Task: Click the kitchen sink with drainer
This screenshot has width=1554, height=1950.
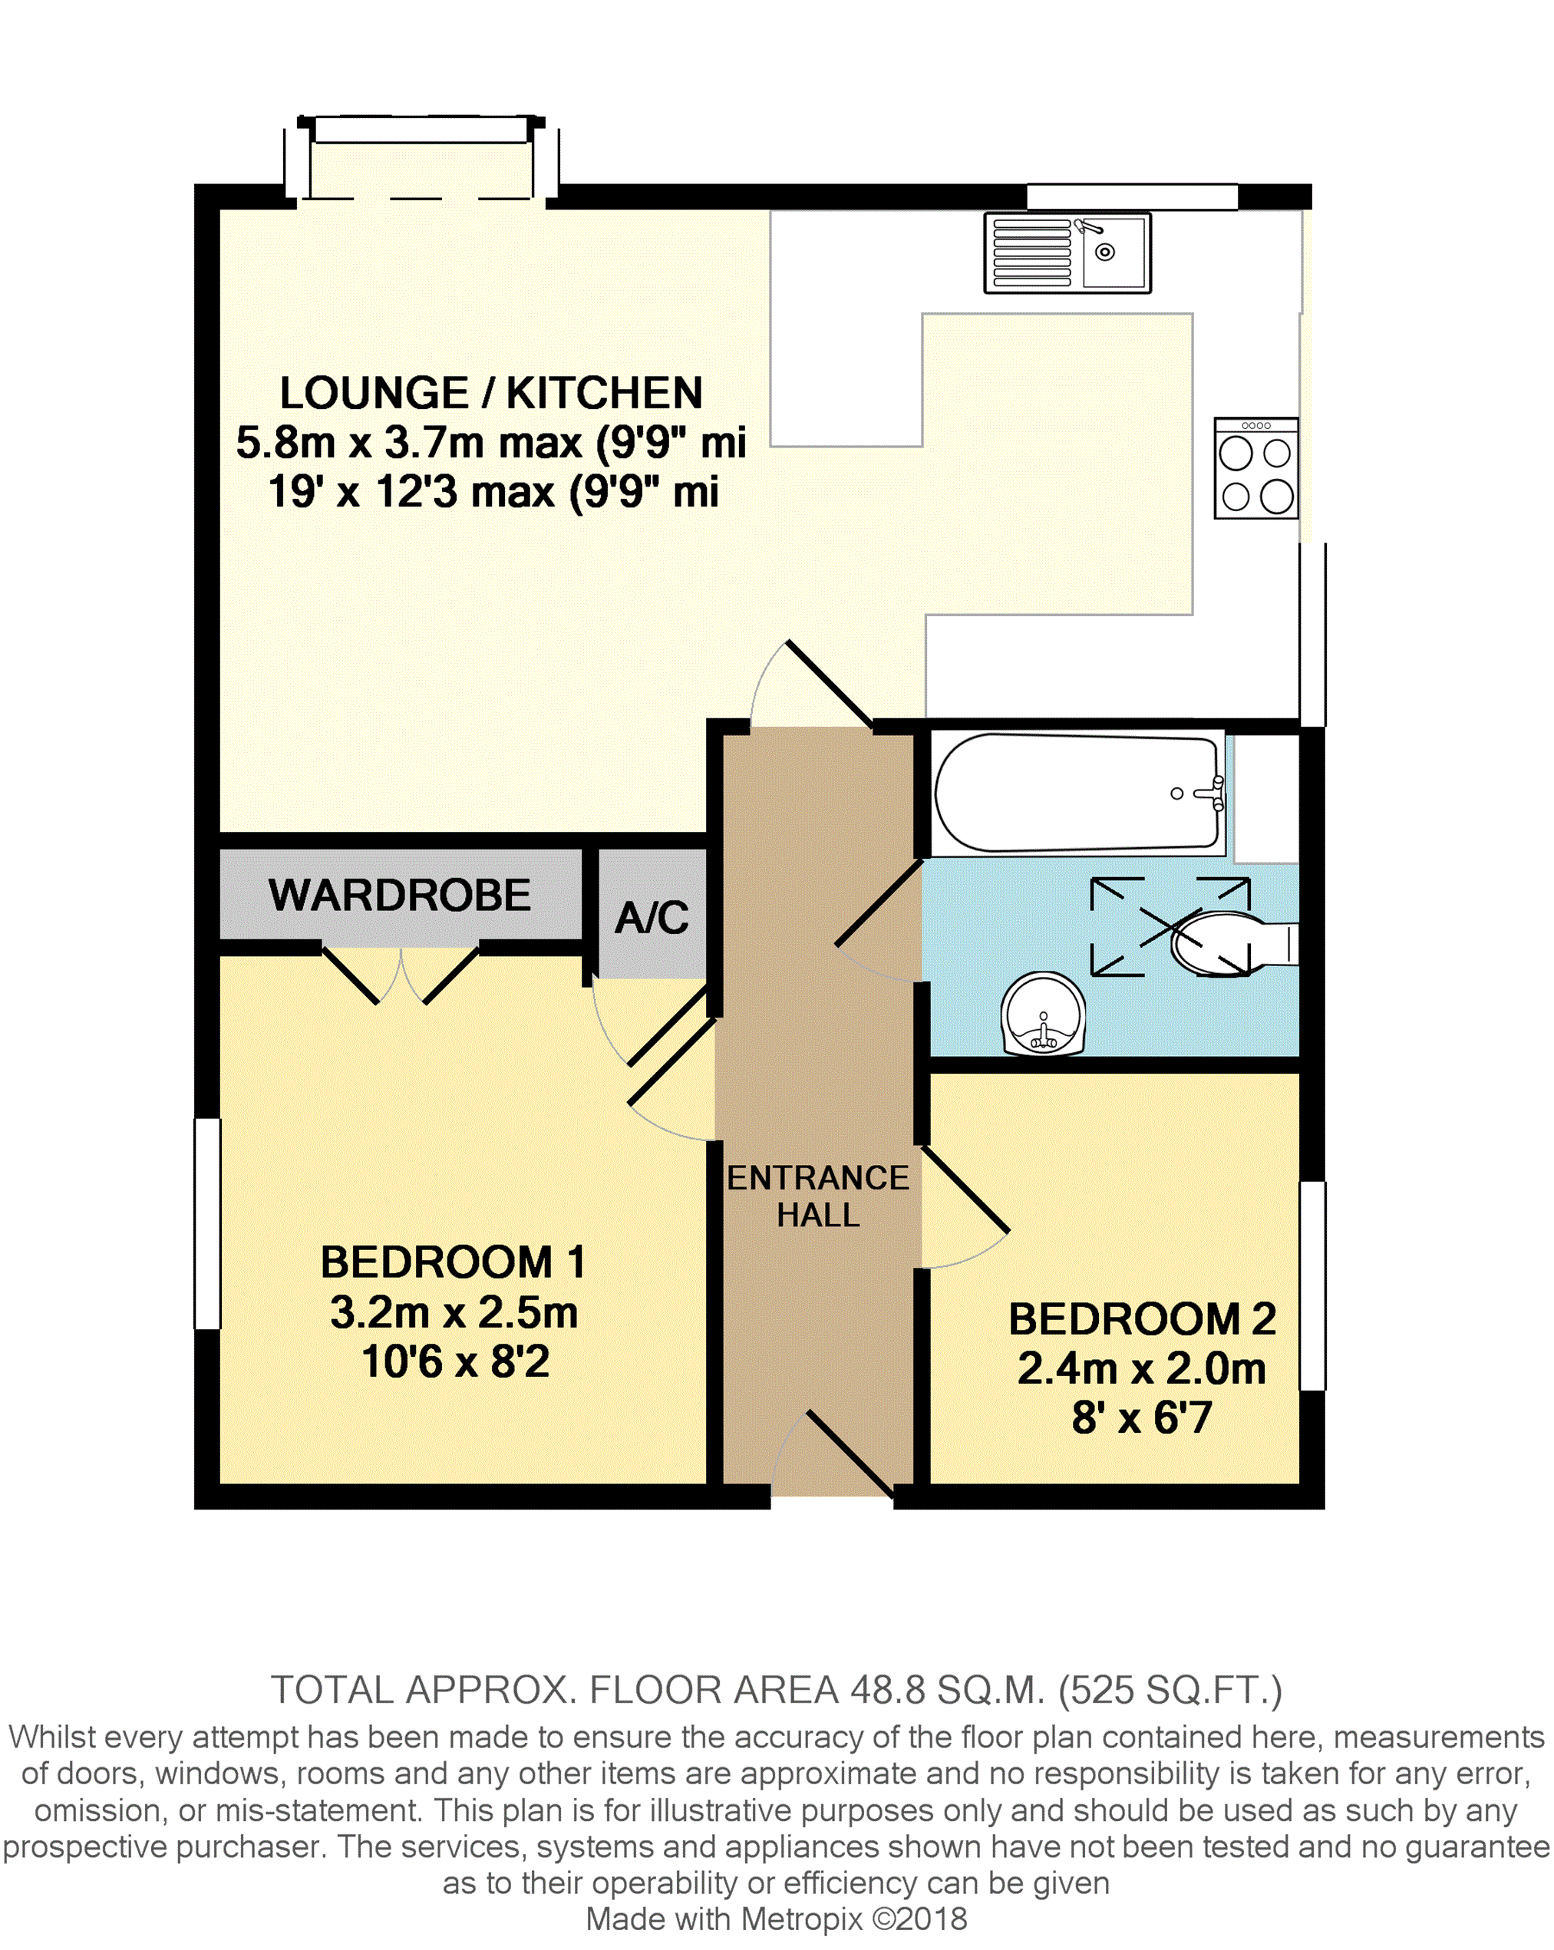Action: click(x=1067, y=253)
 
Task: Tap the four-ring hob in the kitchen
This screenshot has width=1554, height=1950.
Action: click(x=1256, y=467)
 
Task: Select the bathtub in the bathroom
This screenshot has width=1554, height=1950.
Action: click(x=1078, y=794)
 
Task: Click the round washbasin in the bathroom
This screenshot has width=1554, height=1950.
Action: click(x=1043, y=1014)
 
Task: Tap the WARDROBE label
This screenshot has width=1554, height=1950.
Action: click(x=400, y=896)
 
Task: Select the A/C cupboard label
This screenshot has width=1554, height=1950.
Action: click(x=652, y=917)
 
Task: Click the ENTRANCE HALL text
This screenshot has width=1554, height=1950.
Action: click(x=818, y=1196)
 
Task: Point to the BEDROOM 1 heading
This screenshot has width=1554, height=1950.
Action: click(x=454, y=1262)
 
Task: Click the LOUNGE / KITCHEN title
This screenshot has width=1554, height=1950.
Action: click(x=491, y=393)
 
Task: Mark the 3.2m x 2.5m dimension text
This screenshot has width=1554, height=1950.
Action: click(x=454, y=1312)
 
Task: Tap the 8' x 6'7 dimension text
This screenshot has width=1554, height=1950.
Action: click(x=1142, y=1417)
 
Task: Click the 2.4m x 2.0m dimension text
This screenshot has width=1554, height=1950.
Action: click(x=1142, y=1368)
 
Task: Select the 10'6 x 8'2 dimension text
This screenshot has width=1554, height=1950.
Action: click(x=455, y=1361)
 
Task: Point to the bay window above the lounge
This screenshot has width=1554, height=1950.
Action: click(x=421, y=157)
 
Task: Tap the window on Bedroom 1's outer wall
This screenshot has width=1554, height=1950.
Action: click(x=208, y=1224)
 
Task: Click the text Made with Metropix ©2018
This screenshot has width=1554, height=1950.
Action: click(x=776, y=1919)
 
